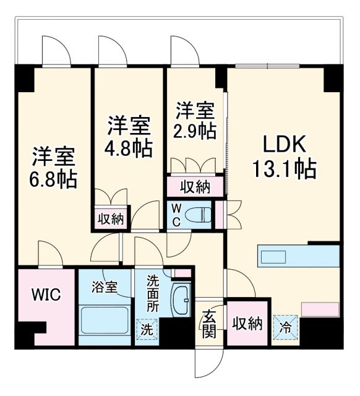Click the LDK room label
click(x=285, y=146)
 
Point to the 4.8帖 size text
click(x=129, y=148)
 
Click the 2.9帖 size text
click(x=195, y=131)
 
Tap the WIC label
click(x=46, y=295)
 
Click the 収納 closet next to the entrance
click(x=247, y=322)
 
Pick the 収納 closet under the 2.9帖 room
click(x=194, y=186)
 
